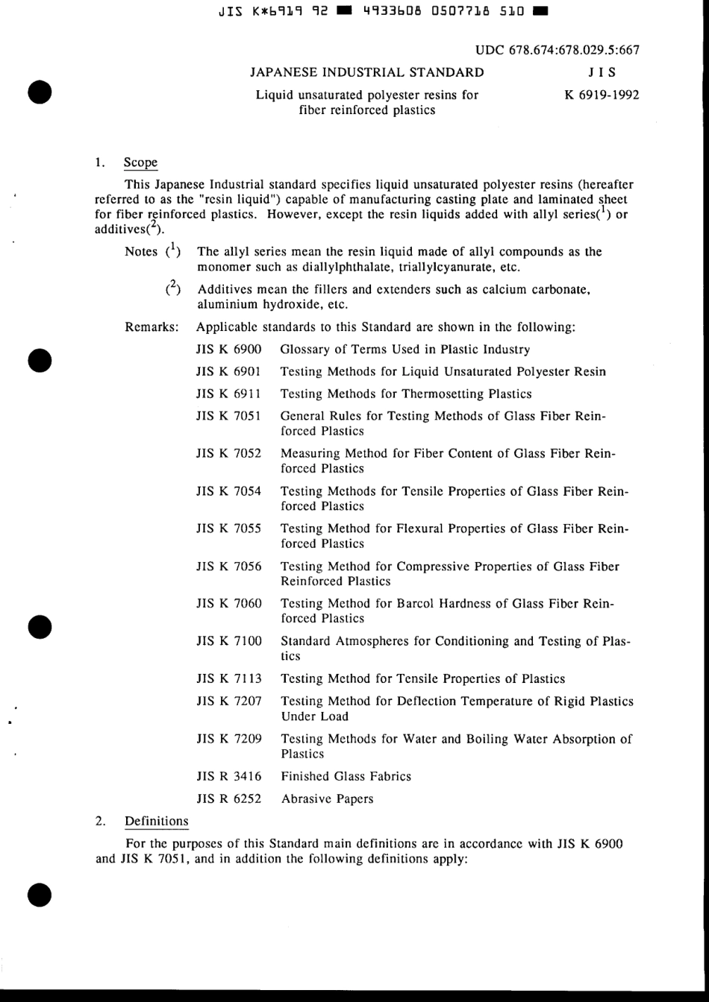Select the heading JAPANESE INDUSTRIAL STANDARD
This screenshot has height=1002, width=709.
366,73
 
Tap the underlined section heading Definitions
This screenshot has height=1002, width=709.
156,821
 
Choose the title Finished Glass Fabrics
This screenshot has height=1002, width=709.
345,776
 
